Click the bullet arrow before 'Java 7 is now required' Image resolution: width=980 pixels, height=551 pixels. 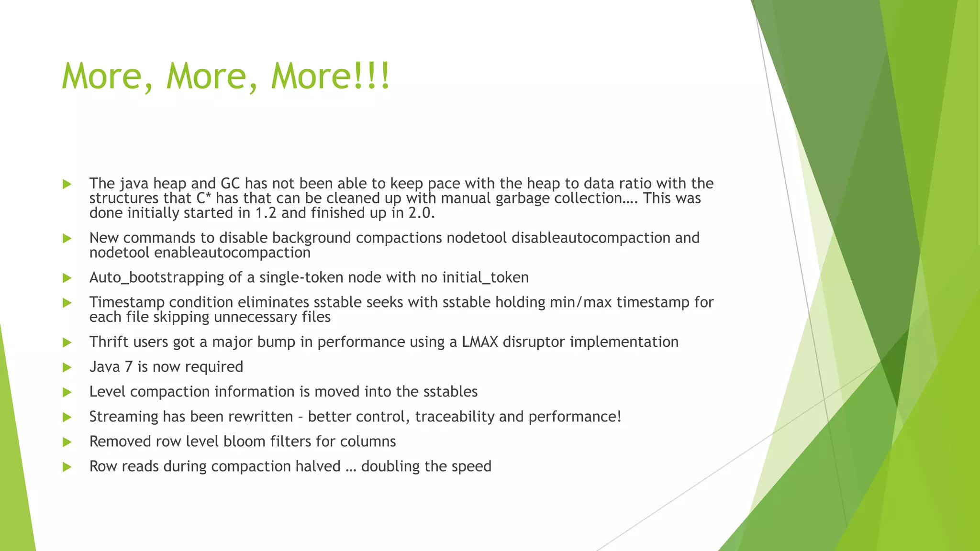click(x=67, y=367)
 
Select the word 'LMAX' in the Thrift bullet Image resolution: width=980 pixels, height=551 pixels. click(x=480, y=342)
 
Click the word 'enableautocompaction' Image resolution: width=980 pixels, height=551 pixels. click(x=232, y=253)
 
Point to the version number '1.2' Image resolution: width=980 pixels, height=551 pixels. click(x=266, y=213)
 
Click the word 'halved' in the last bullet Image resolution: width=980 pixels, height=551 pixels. click(x=318, y=466)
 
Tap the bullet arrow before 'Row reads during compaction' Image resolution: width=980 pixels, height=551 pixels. click(x=67, y=467)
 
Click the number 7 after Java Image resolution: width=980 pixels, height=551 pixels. click(x=128, y=367)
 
